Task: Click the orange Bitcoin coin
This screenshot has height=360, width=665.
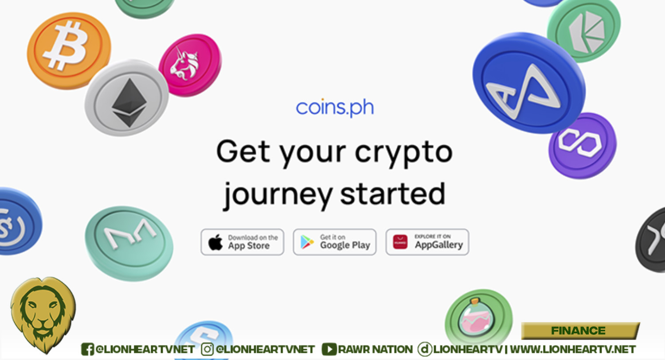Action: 69,51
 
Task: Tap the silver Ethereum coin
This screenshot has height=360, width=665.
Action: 127,98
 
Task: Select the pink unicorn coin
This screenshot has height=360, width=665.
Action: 190,65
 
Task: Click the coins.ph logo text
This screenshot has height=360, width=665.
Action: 335,107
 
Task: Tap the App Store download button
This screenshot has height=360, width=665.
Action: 242,242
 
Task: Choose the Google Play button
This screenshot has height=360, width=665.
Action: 335,242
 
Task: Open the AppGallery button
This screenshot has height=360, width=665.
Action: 427,242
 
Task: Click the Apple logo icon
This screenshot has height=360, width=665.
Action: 215,242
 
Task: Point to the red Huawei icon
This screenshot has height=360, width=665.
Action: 400,242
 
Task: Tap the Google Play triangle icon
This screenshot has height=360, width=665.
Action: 307,242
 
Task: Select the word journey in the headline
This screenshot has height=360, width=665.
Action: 278,196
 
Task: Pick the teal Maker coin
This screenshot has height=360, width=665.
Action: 129,243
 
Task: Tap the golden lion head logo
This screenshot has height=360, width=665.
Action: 43,315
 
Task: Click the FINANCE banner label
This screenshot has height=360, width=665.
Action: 578,331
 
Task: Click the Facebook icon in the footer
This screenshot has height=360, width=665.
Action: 87,349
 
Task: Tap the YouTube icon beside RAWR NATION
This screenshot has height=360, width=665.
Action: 329,349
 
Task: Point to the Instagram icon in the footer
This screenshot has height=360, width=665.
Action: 207,349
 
